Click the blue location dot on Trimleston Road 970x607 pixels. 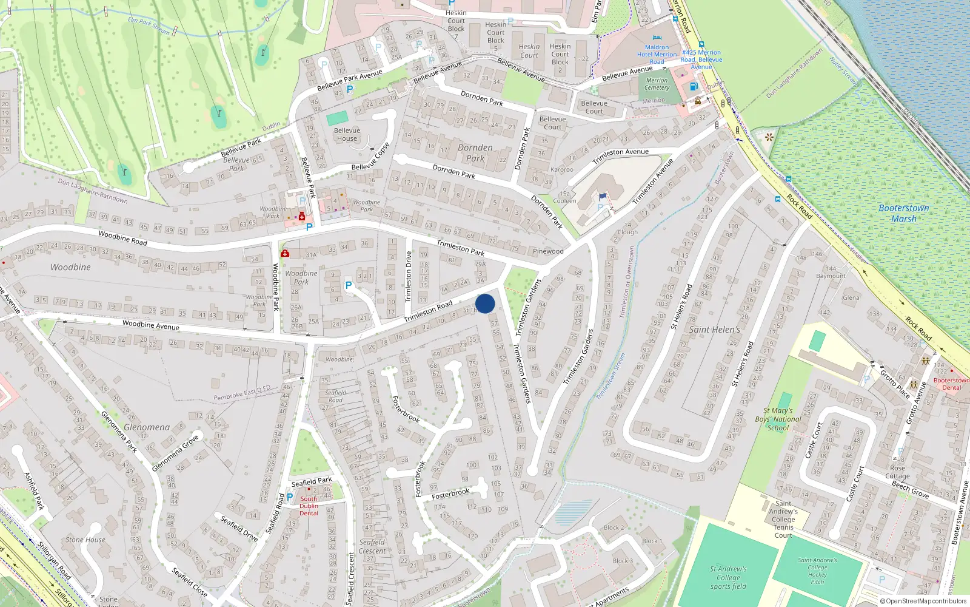[485, 303]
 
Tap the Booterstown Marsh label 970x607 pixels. [903, 213]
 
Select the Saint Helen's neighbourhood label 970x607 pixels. [714, 330]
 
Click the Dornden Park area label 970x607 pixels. [475, 152]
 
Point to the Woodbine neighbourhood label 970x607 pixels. [70, 267]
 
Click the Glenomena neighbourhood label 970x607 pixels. [147, 427]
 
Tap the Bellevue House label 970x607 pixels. [347, 134]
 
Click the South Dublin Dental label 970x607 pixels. [309, 506]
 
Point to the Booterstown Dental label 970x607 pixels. [951, 384]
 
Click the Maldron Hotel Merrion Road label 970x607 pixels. [657, 54]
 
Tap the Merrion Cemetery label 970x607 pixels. [657, 84]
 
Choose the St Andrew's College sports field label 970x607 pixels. [728, 578]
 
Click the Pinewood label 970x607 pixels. [547, 251]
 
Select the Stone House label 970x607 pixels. [85, 540]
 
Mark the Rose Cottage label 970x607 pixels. [897, 472]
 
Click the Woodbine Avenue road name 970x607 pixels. [150, 325]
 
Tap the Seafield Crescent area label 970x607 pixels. [372, 546]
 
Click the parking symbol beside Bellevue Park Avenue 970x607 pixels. [350, 89]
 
